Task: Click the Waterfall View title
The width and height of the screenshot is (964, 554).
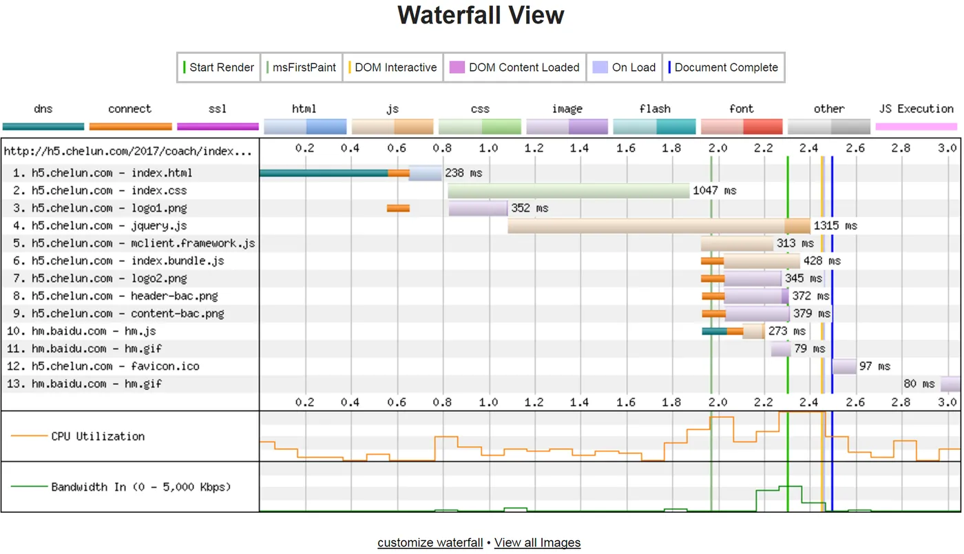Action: click(x=481, y=15)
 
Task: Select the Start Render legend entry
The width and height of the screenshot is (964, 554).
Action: click(x=219, y=68)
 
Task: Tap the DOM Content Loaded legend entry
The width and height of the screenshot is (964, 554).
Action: click(x=516, y=68)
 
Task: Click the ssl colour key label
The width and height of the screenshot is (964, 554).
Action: click(x=218, y=109)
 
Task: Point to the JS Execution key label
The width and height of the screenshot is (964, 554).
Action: click(x=916, y=109)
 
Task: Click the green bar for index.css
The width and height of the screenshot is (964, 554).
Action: click(x=569, y=191)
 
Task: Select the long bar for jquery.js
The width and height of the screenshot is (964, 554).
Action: click(x=647, y=226)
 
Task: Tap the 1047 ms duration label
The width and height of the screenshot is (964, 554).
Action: click(x=715, y=191)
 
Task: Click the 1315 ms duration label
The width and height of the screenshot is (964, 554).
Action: click(x=836, y=226)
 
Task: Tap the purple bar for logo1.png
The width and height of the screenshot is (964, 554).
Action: click(x=478, y=208)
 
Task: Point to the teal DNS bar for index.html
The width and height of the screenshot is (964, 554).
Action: click(x=324, y=173)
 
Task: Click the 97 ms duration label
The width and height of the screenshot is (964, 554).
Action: click(x=874, y=367)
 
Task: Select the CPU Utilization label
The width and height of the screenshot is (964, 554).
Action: click(x=98, y=436)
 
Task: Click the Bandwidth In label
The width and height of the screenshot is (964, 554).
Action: click(x=140, y=487)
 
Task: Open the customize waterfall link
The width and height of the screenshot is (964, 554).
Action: click(x=430, y=543)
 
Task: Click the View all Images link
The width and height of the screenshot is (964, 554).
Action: click(x=537, y=543)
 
